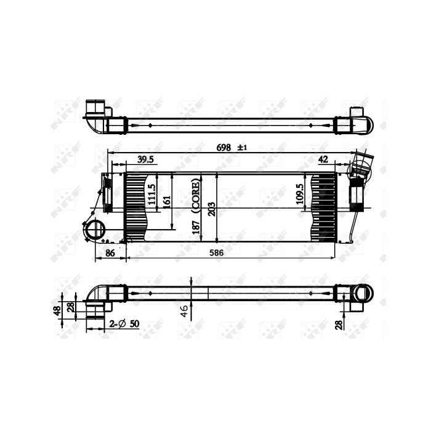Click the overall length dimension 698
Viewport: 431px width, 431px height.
[x=224, y=147]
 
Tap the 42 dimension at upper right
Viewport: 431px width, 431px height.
[x=323, y=159]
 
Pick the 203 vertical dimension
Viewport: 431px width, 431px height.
[x=211, y=208]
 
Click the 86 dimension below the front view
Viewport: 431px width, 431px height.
[x=110, y=252]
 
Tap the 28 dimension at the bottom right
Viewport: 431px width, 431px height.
[x=339, y=324]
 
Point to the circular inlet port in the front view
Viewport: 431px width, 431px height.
[x=95, y=230]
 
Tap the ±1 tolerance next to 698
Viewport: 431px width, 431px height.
[x=241, y=147]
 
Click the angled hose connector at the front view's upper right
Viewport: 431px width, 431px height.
[x=360, y=166]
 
